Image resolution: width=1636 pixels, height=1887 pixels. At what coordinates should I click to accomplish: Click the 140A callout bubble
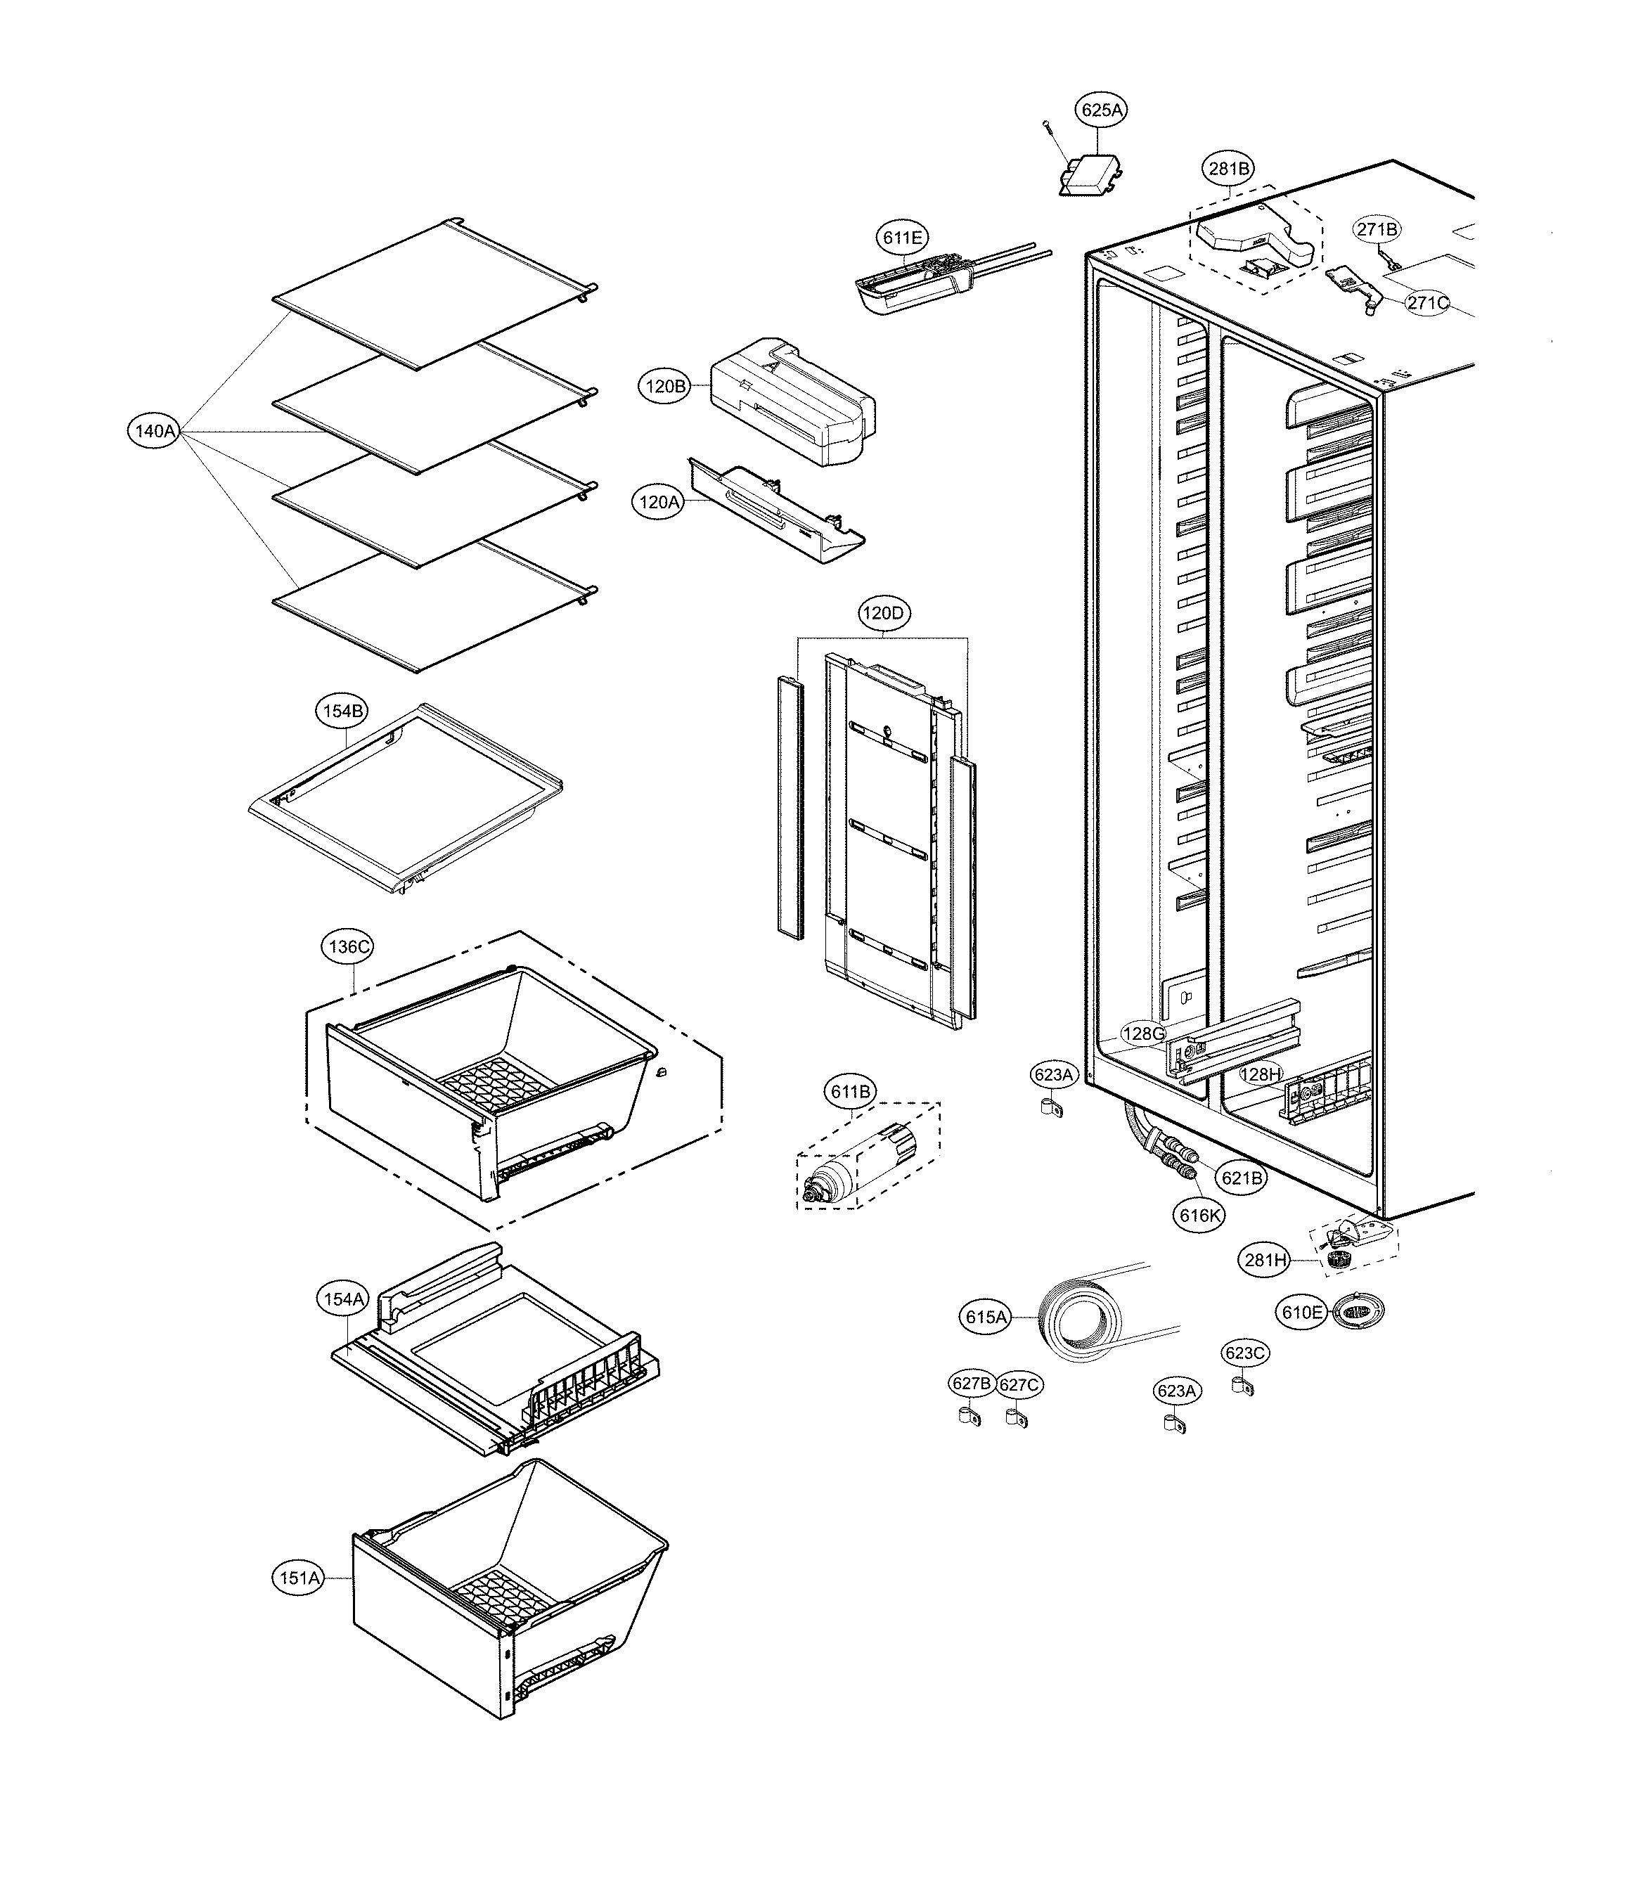(x=153, y=431)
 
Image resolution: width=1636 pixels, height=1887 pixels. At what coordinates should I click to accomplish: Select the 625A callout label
(x=1101, y=110)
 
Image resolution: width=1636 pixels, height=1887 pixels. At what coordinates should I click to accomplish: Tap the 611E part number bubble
(x=903, y=238)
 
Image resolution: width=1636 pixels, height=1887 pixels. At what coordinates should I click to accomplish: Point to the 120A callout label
(x=659, y=502)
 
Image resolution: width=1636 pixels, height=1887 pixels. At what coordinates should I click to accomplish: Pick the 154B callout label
(x=342, y=711)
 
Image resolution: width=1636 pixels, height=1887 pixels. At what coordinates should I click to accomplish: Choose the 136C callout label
(x=348, y=947)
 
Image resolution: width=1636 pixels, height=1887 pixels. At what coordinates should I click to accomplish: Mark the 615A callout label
(x=986, y=1318)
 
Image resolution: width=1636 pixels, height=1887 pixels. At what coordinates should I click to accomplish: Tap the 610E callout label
(x=1301, y=1313)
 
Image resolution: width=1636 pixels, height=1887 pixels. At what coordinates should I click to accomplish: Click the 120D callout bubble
(x=883, y=614)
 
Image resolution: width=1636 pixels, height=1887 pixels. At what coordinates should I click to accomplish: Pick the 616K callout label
(x=1199, y=1216)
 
